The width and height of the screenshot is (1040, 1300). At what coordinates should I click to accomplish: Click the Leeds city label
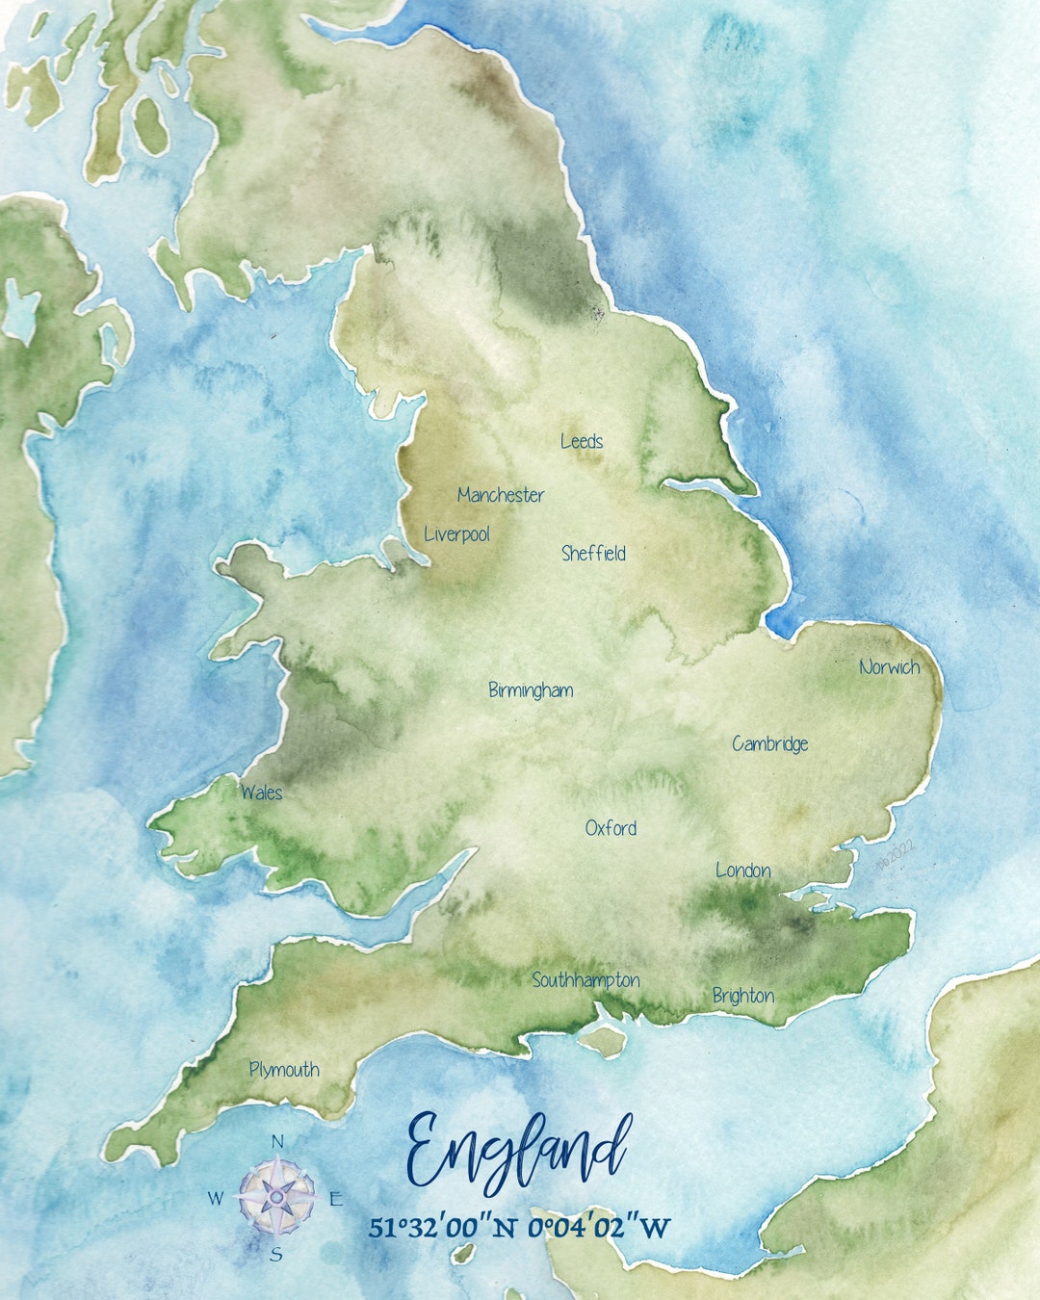[582, 442]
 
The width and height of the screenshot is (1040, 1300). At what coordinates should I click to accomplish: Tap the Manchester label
[501, 495]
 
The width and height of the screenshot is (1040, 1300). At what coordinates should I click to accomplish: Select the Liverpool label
[457, 534]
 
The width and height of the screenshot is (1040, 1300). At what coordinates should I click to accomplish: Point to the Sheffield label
[593, 554]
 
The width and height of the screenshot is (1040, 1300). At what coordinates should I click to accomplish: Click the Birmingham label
[531, 690]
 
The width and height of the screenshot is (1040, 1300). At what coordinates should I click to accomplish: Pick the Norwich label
[889, 667]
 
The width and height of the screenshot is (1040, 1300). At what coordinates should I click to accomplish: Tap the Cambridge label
[769, 743]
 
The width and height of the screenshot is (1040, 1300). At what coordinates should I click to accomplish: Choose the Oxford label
[611, 828]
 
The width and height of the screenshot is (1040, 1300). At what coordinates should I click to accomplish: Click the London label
[742, 871]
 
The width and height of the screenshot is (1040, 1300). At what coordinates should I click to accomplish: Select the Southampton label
[585, 980]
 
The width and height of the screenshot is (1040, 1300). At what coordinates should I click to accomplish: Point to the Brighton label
[742, 996]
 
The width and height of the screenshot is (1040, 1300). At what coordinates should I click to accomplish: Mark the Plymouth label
[284, 1070]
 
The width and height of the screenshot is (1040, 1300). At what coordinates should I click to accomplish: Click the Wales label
[262, 793]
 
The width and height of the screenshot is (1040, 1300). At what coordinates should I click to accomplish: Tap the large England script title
[518, 1151]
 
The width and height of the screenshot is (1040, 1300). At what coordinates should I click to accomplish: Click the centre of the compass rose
[276, 1197]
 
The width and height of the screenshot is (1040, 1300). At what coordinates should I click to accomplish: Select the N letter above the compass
[277, 1142]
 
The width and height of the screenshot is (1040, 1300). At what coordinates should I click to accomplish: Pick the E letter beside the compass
[336, 1199]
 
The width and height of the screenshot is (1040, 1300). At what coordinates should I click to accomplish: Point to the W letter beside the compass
[216, 1199]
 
